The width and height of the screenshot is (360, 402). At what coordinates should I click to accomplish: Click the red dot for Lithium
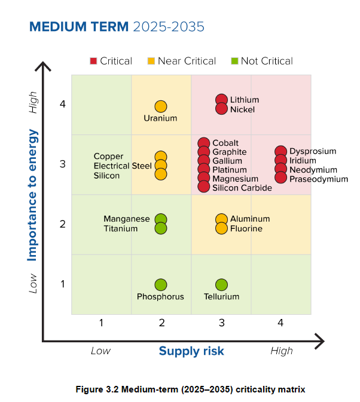click(221, 100)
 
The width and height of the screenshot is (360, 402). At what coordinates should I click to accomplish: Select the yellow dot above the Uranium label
click(161, 106)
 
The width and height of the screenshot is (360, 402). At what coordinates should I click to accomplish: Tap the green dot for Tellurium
click(221, 285)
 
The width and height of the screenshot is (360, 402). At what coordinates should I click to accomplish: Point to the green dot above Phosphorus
click(161, 285)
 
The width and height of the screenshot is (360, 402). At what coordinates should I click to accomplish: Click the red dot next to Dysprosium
click(280, 152)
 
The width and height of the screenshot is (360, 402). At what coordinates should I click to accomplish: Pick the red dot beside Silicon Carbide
click(204, 187)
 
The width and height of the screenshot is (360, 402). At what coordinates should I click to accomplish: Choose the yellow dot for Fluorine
click(221, 228)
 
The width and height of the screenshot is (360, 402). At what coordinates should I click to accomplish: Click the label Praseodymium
click(319, 179)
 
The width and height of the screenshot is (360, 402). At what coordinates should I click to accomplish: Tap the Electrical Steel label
click(123, 166)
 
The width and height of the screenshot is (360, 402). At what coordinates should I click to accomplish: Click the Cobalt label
click(225, 143)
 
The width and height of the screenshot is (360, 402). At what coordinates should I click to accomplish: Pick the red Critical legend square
click(93, 61)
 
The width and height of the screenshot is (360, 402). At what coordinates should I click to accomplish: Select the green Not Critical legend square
click(235, 61)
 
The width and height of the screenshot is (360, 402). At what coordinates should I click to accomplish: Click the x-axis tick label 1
click(101, 323)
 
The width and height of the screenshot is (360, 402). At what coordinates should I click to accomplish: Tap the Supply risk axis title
click(191, 351)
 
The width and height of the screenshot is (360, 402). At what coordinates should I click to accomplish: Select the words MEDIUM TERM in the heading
click(78, 27)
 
